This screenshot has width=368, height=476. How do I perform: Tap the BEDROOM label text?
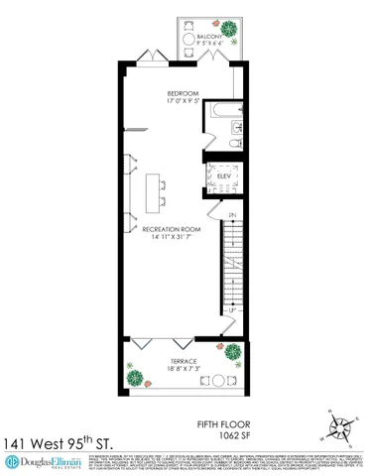click(183, 94)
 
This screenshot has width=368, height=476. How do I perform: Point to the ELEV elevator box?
click(224, 177)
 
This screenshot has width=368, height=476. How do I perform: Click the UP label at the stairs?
click(232, 310)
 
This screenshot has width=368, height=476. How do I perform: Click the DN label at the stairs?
click(232, 214)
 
